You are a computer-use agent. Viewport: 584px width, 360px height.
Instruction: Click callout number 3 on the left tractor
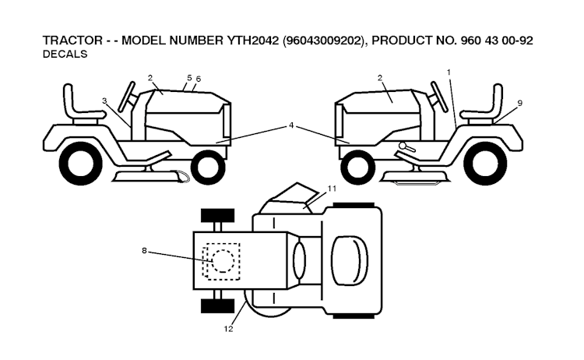point(104,101)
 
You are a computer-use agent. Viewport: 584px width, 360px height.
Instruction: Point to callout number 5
point(189,78)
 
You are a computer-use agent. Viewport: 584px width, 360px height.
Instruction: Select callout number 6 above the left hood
point(199,79)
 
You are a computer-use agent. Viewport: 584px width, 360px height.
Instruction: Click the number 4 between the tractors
point(291,125)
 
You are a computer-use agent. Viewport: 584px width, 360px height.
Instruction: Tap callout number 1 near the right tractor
point(449,72)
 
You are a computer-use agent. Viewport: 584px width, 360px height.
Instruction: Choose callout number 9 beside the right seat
point(519,103)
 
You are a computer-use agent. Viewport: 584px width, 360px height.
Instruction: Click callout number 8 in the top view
point(144,251)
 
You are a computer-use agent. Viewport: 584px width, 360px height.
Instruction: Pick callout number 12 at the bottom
point(228,330)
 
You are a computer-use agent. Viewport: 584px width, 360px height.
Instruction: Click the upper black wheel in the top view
point(217,215)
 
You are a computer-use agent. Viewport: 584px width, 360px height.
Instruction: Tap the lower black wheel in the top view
point(217,305)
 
